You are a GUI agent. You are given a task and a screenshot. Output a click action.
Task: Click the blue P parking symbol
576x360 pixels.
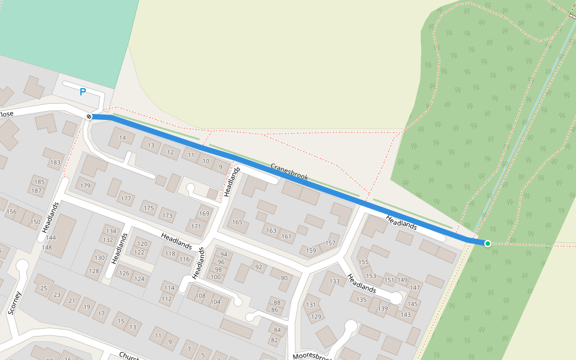click(83, 92)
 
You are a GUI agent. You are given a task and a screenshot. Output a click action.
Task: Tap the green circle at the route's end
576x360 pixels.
click(488, 243)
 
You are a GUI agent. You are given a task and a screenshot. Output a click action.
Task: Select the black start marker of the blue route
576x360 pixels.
click(89, 116)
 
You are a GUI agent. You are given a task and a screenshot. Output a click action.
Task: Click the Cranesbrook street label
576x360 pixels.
click(289, 172)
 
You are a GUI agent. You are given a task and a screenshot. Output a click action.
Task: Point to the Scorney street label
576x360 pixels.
click(15, 303)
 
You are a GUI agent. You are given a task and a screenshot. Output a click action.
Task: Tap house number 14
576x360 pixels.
click(123, 138)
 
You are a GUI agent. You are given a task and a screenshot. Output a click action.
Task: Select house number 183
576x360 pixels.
click(56, 163)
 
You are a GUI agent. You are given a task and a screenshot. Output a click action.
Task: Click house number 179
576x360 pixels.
click(85, 186)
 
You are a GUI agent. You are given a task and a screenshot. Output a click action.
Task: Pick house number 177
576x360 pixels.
click(125, 198)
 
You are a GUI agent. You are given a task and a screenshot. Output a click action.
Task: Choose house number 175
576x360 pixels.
click(148, 208)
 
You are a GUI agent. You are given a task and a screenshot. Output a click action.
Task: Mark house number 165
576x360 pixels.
click(237, 222)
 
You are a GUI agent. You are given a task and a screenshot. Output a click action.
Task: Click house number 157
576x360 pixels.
click(331, 243)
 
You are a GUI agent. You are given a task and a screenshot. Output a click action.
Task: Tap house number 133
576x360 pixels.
click(334, 281)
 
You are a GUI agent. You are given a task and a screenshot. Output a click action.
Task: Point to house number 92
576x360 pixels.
click(259, 267)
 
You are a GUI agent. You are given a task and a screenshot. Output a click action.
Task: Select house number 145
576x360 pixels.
click(413, 304)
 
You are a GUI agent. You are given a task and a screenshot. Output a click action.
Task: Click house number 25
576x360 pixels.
click(43, 289)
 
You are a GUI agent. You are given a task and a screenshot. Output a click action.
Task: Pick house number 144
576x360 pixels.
click(50, 238)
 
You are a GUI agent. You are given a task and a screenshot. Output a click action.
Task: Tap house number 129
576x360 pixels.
click(316, 316)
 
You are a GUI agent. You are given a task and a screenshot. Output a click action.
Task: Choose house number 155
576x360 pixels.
click(363, 262)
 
